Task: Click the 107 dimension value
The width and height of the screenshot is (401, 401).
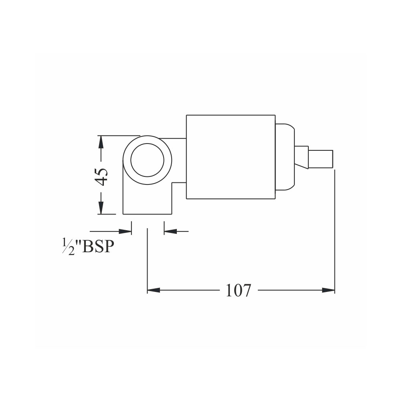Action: pyautogui.click(x=238, y=290)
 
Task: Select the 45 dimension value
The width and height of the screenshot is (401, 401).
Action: pyautogui.click(x=101, y=177)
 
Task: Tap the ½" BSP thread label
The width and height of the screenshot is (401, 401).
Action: pyautogui.click(x=88, y=246)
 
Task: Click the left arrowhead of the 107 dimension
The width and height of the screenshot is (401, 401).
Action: pyautogui.click(x=154, y=290)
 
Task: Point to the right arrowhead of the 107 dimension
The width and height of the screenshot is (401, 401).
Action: pyautogui.click(x=328, y=290)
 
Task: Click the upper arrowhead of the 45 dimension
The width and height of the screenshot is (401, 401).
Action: pyautogui.click(x=101, y=142)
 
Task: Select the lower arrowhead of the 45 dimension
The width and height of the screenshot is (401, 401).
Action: pyautogui.click(x=101, y=207)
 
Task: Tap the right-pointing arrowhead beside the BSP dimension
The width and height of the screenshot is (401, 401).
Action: pyautogui.click(x=125, y=231)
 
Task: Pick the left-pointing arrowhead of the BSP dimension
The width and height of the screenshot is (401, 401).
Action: pyautogui.click(x=170, y=231)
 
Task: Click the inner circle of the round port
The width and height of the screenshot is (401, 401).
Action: pyautogui.click(x=147, y=144)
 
